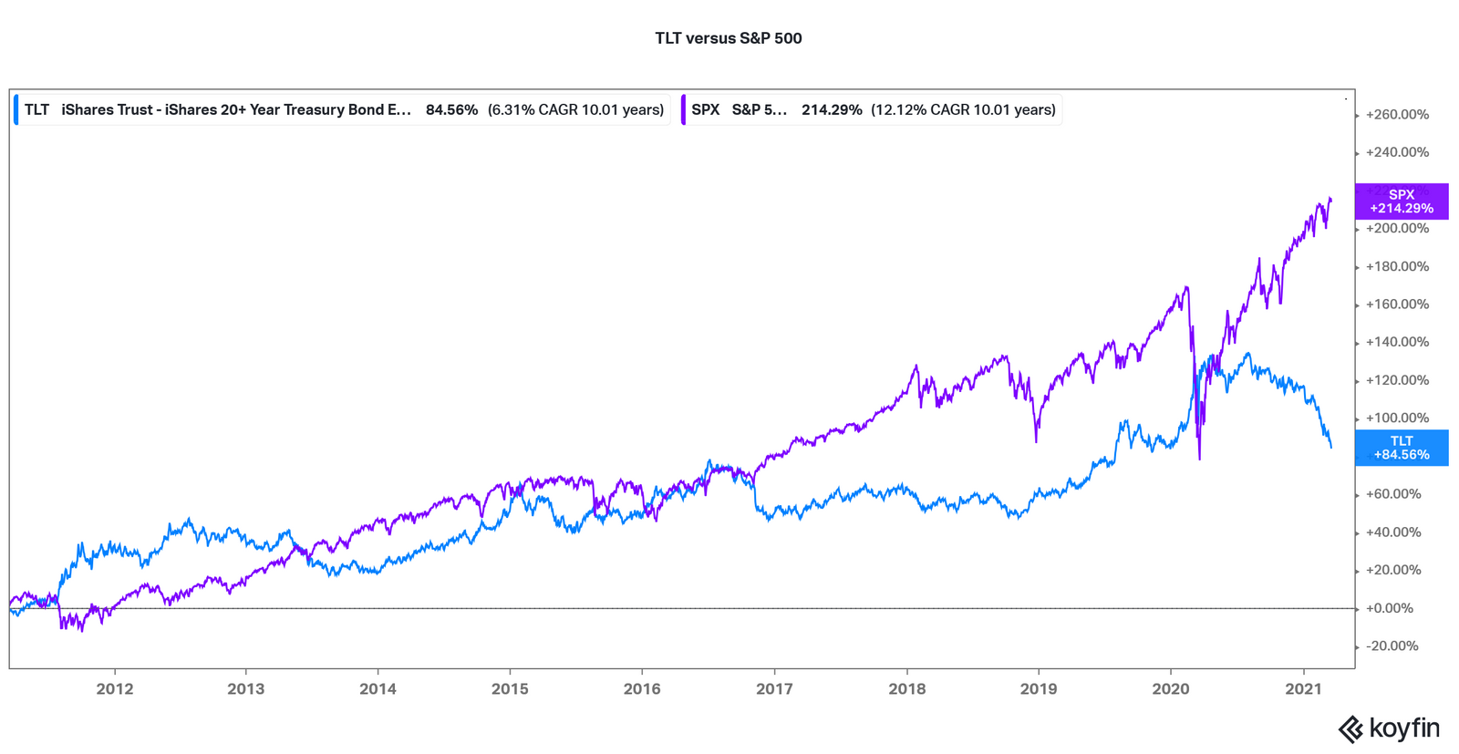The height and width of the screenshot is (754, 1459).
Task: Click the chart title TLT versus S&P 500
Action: pos(728,38)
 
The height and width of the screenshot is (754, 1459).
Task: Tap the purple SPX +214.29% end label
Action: pos(1401,201)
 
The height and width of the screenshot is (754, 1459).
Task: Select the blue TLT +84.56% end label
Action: pos(1401,448)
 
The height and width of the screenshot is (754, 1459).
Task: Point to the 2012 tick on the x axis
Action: pos(115,689)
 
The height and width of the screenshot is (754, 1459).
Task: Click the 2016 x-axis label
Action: pos(642,689)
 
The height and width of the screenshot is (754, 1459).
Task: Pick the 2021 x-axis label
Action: pos(1303,689)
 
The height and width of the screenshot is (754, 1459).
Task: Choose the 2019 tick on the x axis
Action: pos(1039,689)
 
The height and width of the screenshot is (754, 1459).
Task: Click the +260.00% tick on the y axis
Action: pos(1397,115)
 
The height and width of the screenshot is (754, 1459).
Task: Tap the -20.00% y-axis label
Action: pos(1392,646)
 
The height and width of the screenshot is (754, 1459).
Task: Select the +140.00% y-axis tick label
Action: pos(1397,343)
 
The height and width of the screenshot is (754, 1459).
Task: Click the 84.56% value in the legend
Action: pos(451,110)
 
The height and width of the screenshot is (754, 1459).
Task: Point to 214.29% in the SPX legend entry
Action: pos(832,110)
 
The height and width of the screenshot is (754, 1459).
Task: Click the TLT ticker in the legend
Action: pos(36,110)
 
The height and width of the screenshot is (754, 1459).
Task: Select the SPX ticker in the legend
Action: pos(705,110)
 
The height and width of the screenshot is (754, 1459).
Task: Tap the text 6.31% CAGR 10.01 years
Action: pos(575,110)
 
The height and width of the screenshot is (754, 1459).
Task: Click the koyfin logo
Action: pos(1388,728)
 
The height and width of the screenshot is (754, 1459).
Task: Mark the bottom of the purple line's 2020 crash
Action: pos(1199,459)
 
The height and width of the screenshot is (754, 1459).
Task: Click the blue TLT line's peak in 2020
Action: pos(1248,354)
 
